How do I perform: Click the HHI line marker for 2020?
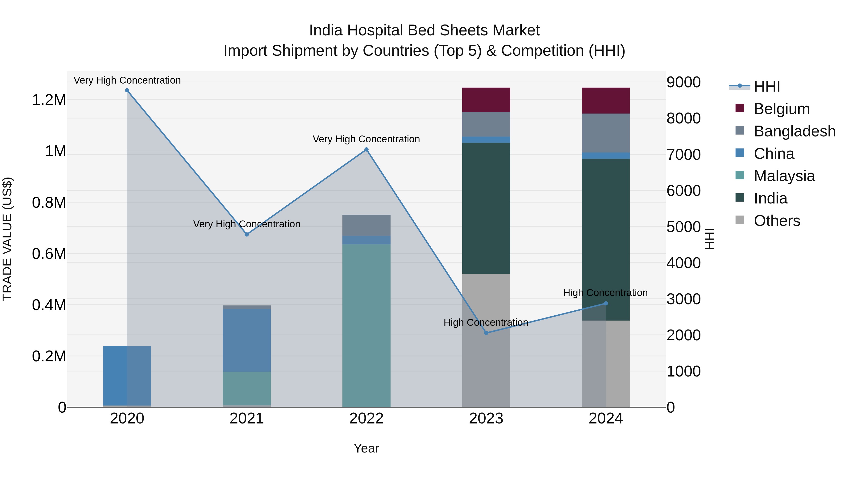click(127, 90)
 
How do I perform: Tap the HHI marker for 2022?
click(366, 149)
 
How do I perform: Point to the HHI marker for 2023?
click(486, 333)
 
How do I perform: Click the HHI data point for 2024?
click(606, 303)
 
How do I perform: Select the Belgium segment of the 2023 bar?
click(486, 100)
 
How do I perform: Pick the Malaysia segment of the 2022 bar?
click(366, 325)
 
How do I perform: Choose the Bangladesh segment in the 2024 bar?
click(606, 133)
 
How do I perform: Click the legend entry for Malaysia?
click(784, 176)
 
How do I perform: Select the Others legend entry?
click(777, 221)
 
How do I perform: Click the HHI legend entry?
click(767, 86)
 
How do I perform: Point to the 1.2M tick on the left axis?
click(49, 100)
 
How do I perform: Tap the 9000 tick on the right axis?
click(683, 82)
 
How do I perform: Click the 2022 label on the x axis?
click(366, 419)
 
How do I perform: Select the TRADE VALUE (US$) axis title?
click(7, 239)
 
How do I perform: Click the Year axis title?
click(366, 448)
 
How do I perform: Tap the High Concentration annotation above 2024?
click(605, 293)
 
